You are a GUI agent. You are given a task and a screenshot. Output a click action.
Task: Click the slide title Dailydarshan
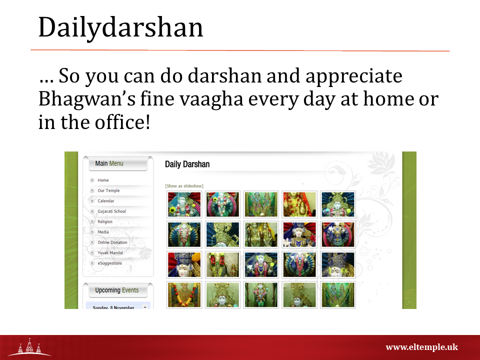point(120,27)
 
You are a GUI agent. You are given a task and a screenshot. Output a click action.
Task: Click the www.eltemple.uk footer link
point(421,347)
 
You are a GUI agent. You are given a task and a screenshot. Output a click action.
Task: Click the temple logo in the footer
point(29,348)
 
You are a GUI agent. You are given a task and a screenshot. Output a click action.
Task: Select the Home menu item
point(103,180)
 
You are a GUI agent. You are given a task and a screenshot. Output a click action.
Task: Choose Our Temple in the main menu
point(108,190)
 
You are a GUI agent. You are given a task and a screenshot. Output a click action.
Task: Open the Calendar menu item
point(105,201)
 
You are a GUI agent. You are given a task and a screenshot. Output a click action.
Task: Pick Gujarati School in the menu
point(111,211)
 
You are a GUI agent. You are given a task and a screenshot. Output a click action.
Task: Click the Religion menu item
point(105,222)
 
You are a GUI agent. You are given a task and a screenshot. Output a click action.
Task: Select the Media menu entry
point(103,232)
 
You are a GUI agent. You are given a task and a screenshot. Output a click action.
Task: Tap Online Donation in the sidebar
point(112,242)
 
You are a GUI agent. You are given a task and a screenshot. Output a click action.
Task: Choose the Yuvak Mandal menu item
point(110,253)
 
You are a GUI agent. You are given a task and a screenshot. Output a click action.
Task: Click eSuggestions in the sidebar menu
point(109,263)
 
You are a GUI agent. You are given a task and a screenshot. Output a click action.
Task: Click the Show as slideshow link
point(184,186)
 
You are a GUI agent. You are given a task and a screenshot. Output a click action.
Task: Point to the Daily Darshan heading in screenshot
point(187,164)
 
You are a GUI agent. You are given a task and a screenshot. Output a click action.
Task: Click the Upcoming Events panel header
point(117,290)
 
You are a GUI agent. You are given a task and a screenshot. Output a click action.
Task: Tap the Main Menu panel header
point(109,163)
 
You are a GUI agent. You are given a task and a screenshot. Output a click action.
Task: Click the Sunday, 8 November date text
point(113,307)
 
